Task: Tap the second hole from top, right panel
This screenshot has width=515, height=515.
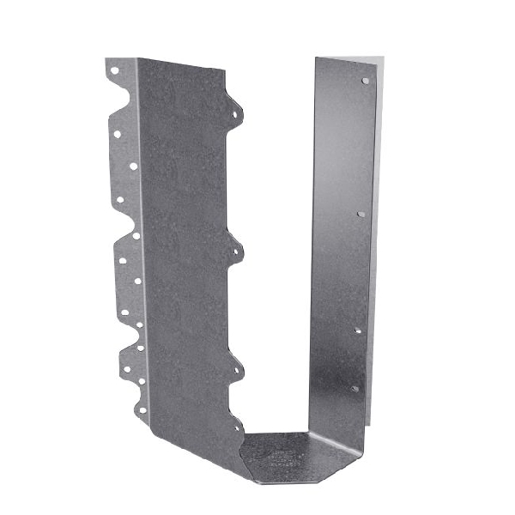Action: (360, 214)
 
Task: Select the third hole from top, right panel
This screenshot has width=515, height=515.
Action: (358, 330)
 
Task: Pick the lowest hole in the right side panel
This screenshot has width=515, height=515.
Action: (354, 388)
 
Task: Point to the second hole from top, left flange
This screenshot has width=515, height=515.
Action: (117, 133)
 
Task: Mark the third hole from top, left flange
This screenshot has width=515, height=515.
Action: (133, 167)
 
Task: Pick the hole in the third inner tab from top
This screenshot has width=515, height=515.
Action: (238, 370)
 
